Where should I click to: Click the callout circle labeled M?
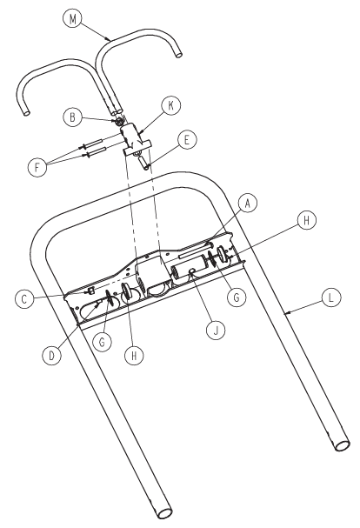coord(73,19)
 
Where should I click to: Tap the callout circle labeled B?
coord(72,117)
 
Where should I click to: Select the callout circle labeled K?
coord(171,105)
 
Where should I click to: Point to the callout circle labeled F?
coord(37,166)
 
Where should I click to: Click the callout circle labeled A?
coord(248,203)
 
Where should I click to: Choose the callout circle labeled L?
coord(331,297)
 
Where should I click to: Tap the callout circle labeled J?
coord(216,331)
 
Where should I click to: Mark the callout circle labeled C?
coord(24,298)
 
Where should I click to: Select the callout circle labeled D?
coord(52,356)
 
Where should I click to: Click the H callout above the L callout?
coord(306,220)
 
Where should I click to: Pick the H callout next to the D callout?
coord(134,356)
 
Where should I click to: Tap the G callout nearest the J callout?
coord(237,297)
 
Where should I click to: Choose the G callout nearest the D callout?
coord(102,343)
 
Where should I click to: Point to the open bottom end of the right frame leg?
coord(343,445)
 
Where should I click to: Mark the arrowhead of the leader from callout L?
coord(286,313)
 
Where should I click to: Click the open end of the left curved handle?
coord(26,113)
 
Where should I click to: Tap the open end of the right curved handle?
coord(179,53)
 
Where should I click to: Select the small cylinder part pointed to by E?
coord(143,161)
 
